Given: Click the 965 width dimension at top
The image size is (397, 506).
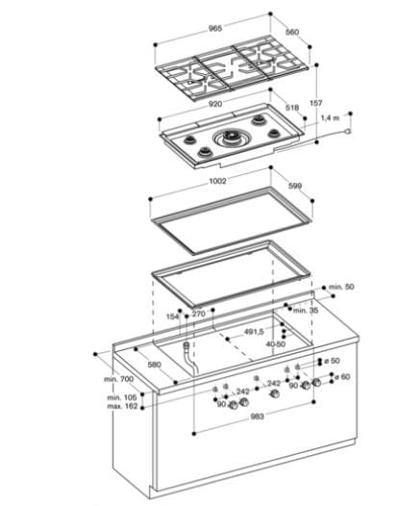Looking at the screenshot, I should (214, 29).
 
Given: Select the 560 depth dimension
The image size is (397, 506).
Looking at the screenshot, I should (292, 32).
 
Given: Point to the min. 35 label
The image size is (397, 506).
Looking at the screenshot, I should (305, 310).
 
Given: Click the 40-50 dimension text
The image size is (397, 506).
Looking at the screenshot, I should (276, 342).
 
